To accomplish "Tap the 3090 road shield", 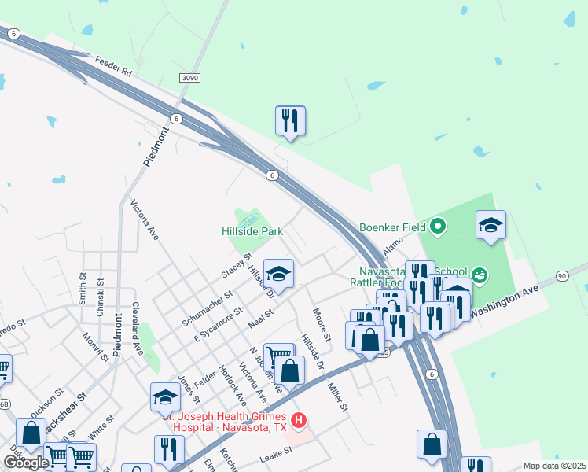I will pyautogui.click(x=189, y=78).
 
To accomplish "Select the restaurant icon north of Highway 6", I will pyautogui.click(x=290, y=121).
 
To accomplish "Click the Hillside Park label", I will pyautogui.click(x=252, y=232).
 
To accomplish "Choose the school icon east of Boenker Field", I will pyautogui.click(x=491, y=226).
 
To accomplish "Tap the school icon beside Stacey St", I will pyautogui.click(x=277, y=275).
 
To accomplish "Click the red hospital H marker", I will pyautogui.click(x=297, y=421).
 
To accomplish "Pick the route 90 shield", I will pyautogui.click(x=561, y=275).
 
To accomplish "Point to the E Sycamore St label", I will pyautogui.click(x=216, y=328).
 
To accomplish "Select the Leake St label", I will pyautogui.click(x=276, y=453).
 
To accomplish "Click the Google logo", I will pyautogui.click(x=27, y=463).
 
